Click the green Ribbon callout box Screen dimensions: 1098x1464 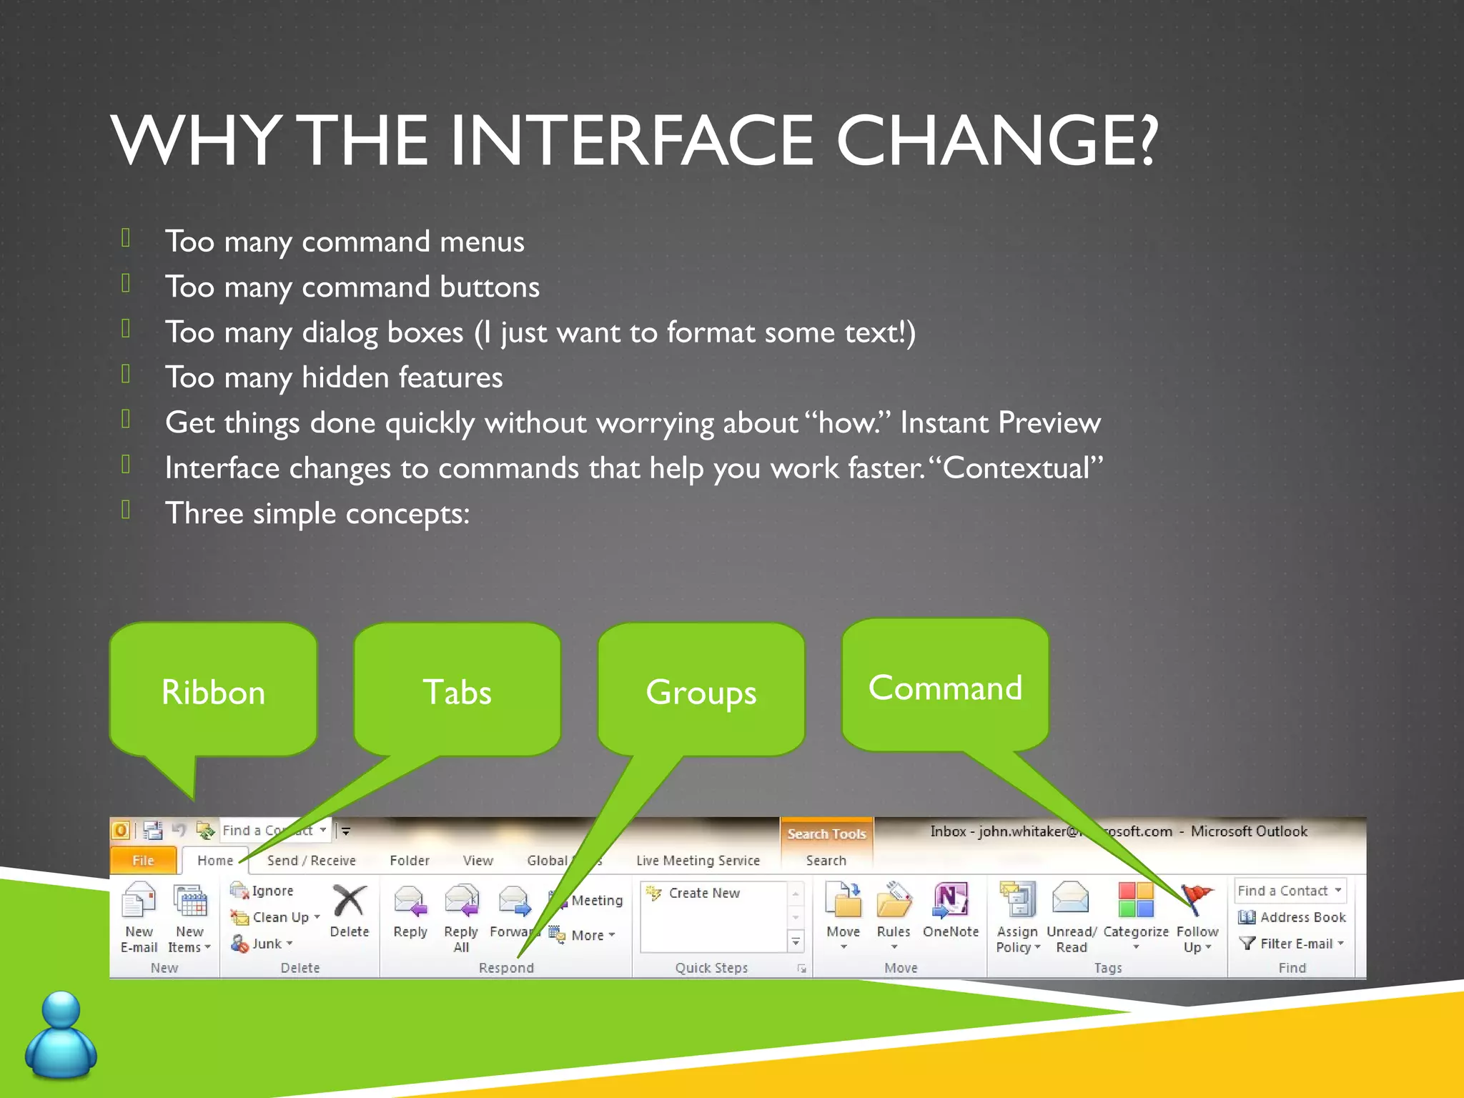pos(213,691)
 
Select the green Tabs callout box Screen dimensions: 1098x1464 pos(457,691)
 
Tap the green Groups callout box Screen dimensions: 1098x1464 pos(701,691)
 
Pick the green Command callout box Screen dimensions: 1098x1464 pos(945,686)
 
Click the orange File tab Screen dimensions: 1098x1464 pos(143,860)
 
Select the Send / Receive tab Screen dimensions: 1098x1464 pos(311,860)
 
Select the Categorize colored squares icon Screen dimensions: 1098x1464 pos(1135,899)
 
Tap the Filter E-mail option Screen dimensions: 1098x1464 pos(1292,944)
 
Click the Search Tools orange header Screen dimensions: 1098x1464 pos(826,834)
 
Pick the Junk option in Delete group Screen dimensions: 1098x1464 pos(263,944)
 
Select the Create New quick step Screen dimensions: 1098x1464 pos(703,893)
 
